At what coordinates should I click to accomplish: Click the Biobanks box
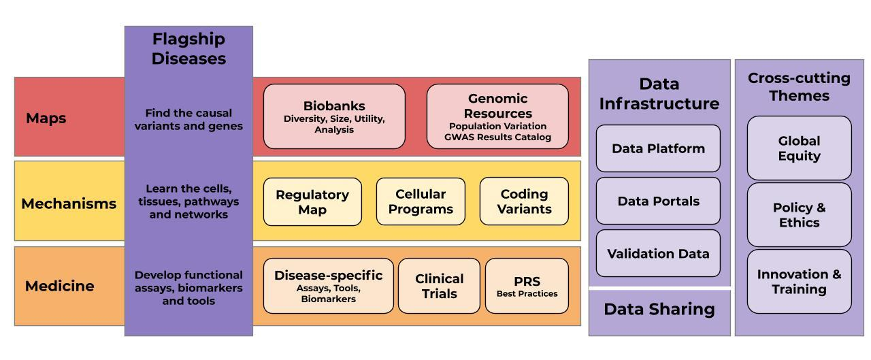pos(334,116)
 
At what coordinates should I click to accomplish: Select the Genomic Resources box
pos(497,116)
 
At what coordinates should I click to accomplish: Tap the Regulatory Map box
pos(312,201)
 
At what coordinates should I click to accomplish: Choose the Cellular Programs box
pos(421,201)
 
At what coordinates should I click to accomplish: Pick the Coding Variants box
pos(524,201)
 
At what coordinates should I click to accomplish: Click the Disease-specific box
pos(328,286)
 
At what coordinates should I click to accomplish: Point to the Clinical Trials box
pos(439,286)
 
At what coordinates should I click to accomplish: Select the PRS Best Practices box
pos(527,286)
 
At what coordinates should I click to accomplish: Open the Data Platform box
pos(658,148)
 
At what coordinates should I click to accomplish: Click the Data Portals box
pos(658,201)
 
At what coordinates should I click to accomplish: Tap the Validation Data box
pos(658,253)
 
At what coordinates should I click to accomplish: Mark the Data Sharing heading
pos(659,310)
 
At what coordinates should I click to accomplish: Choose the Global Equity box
pos(799,148)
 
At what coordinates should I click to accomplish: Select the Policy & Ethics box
pos(799,215)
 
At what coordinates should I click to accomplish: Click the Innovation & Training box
pos(799,282)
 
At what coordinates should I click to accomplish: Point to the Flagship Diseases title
pos(188,48)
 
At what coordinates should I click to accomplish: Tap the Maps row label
pos(46,118)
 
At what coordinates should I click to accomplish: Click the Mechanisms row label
pos(69,203)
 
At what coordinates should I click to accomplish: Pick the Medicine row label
pos(60,286)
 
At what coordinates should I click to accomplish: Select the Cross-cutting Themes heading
pos(799,86)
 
